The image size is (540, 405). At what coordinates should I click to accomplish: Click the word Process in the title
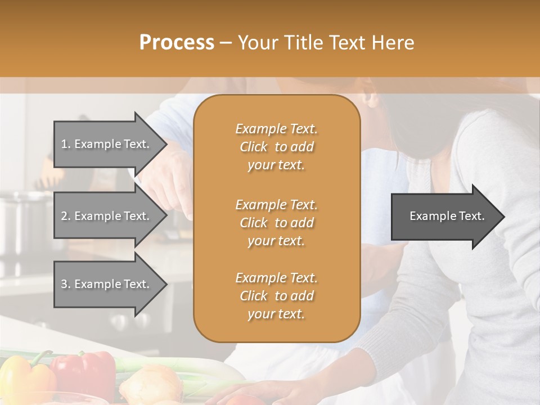[177, 43]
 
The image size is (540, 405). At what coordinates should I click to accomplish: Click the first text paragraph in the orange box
[276, 147]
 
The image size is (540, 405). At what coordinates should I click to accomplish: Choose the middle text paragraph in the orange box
[276, 222]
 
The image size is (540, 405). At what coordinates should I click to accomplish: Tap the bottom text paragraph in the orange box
[276, 296]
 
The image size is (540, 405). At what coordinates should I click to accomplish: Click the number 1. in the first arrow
[66, 145]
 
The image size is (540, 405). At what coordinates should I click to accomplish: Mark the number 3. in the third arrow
[66, 284]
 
